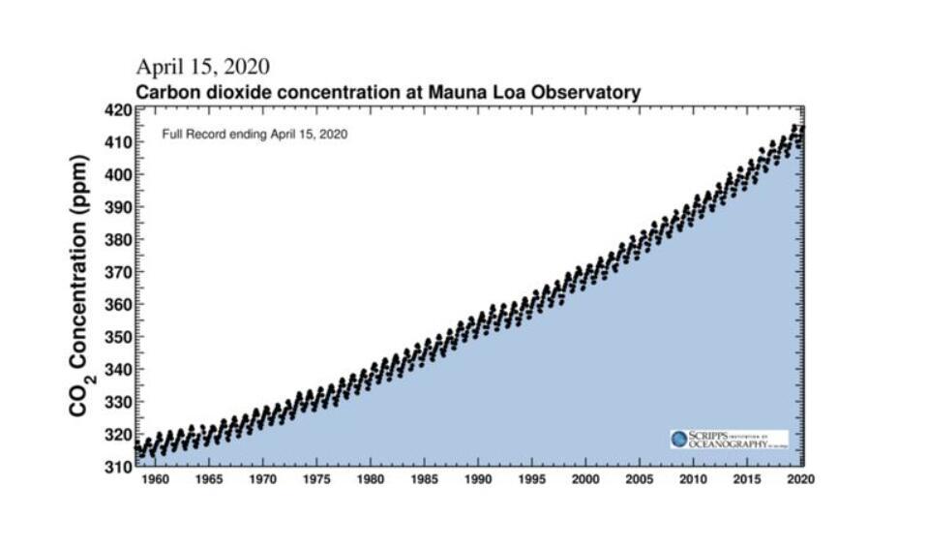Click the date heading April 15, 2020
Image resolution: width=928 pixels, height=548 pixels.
(202, 67)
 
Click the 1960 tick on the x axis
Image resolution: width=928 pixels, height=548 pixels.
(155, 479)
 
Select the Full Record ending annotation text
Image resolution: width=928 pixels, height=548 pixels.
(254, 135)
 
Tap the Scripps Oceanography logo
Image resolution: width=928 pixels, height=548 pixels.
(729, 439)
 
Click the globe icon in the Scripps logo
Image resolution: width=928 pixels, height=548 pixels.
(679, 439)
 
